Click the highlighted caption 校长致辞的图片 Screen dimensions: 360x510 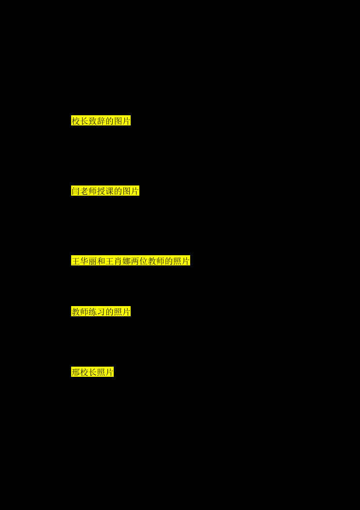click(x=101, y=121)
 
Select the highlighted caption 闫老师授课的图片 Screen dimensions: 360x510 click(x=105, y=191)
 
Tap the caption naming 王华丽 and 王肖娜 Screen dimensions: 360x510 click(x=131, y=261)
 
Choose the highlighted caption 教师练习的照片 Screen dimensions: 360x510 click(x=101, y=311)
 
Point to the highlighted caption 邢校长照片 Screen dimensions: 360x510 click(x=92, y=372)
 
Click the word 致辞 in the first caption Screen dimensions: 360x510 click(x=96, y=121)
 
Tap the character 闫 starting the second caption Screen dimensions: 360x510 click(x=75, y=191)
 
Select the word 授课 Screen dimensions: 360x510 click(x=105, y=191)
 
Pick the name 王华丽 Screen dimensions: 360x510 click(x=84, y=261)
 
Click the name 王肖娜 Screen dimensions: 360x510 click(x=118, y=261)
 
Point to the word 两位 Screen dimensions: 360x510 click(x=139, y=261)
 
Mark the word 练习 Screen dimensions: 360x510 click(x=96, y=311)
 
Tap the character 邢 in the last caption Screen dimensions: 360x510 click(x=75, y=372)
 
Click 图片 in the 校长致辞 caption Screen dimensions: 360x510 click(x=122, y=121)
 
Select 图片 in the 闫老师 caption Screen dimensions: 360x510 click(x=131, y=191)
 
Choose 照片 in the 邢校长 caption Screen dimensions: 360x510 click(x=105, y=372)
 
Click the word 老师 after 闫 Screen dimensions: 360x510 click(x=88, y=191)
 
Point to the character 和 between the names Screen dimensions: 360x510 click(x=101, y=261)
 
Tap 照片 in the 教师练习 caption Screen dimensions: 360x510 click(x=122, y=311)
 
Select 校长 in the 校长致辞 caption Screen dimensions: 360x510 click(x=80, y=121)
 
